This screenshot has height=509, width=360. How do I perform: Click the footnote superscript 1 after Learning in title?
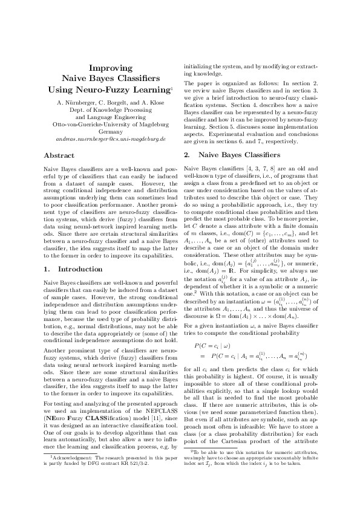(x=172, y=88)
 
